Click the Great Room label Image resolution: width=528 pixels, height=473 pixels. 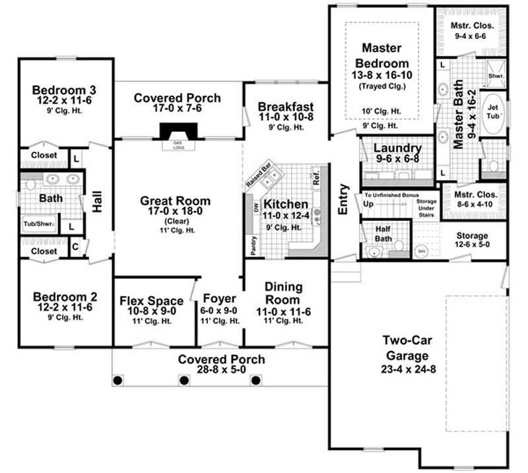[x=176, y=201]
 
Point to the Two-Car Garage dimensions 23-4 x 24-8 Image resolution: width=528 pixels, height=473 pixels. [x=409, y=369]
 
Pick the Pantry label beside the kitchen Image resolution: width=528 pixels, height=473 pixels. [x=253, y=246]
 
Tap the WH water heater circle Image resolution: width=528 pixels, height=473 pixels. [x=420, y=251]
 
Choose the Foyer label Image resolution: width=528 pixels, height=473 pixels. [x=220, y=298]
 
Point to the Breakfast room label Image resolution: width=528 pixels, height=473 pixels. [x=286, y=107]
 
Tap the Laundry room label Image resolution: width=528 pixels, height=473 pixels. [x=397, y=148]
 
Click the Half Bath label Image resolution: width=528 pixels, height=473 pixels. [x=376, y=232]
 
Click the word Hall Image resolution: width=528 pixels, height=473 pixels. [x=97, y=203]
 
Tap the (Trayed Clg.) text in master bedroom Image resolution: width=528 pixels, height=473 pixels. [x=381, y=86]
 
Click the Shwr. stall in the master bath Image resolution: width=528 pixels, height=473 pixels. [x=496, y=76]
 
